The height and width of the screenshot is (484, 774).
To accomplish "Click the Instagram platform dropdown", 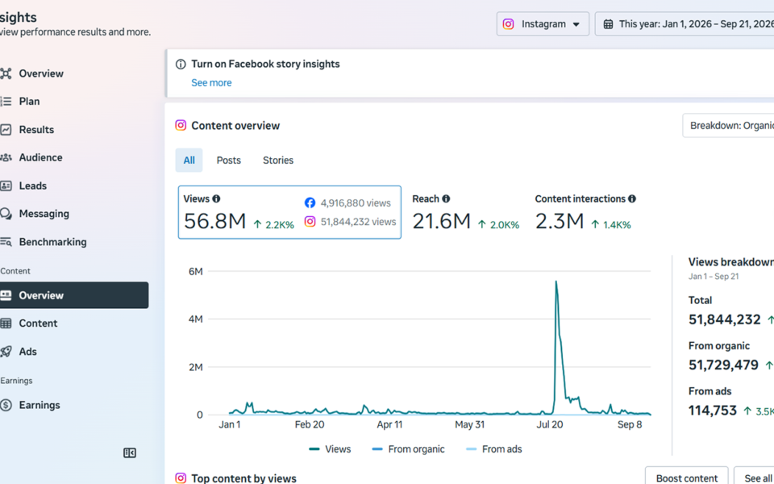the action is [x=543, y=23].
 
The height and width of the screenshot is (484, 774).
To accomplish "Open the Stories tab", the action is [x=278, y=160].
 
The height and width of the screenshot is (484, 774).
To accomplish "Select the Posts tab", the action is [x=228, y=160].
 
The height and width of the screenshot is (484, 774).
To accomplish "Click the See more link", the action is [x=211, y=82].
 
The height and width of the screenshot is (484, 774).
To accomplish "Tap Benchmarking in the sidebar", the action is [x=52, y=241].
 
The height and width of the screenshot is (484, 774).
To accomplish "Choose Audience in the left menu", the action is [x=40, y=157].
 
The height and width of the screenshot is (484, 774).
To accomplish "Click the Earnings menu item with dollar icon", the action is [x=40, y=405].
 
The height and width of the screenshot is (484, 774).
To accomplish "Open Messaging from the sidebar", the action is [x=44, y=213].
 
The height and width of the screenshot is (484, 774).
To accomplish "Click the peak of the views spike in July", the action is [x=556, y=282].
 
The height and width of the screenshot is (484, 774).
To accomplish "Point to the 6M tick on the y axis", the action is [x=195, y=271].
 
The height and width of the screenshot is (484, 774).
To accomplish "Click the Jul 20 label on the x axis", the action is [x=550, y=424].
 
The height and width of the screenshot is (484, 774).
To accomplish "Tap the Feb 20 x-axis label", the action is [x=310, y=424].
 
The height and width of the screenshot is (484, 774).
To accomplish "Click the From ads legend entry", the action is [x=493, y=449].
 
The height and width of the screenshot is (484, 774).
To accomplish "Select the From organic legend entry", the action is [x=408, y=449].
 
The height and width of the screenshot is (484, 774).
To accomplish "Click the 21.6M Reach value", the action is [x=441, y=221].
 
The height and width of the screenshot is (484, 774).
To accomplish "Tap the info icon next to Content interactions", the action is [x=632, y=198].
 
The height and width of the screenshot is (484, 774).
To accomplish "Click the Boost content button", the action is [x=687, y=478].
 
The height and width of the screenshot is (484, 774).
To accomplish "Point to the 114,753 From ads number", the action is [x=713, y=411].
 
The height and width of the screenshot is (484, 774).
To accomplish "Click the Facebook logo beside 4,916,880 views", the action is [x=310, y=203].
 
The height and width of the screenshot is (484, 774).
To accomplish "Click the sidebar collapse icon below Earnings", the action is [x=130, y=453].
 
